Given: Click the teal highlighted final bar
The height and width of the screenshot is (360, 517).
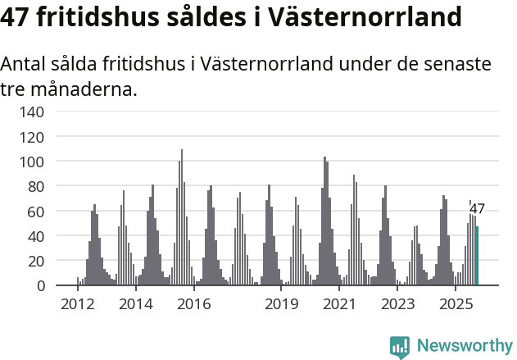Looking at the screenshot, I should point(478,256).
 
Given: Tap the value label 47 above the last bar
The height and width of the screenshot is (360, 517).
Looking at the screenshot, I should point(477,209).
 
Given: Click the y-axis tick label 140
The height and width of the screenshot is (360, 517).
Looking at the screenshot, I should point(31,112).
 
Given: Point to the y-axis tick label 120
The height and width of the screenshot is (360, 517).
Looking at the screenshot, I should point(31,136).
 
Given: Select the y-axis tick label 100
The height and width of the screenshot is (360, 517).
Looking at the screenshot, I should point(31,162).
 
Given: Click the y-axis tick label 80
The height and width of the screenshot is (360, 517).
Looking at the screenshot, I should point(35,186).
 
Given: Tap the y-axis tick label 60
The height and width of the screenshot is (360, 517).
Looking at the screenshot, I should point(35,211).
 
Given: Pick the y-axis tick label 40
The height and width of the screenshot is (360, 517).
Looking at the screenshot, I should point(35,236).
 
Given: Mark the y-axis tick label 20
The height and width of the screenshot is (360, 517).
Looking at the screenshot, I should point(35,261).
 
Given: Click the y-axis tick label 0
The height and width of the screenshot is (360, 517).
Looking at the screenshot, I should point(39,285).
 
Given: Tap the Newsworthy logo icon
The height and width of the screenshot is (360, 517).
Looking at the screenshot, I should point(400,347).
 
